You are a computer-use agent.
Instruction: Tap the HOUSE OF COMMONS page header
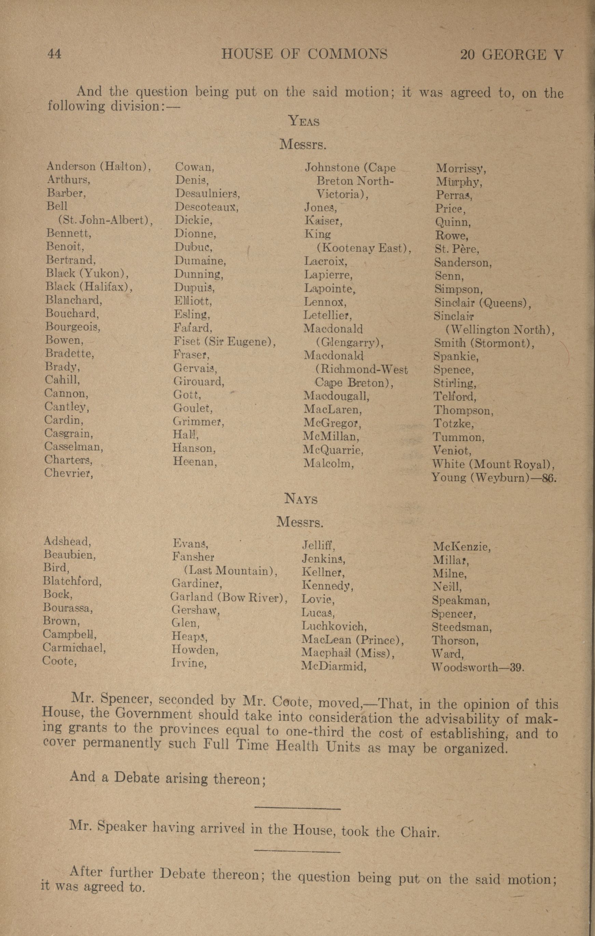click(304, 54)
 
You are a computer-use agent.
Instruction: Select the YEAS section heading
click(304, 122)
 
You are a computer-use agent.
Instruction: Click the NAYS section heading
click(301, 499)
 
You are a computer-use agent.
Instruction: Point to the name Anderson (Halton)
click(98, 167)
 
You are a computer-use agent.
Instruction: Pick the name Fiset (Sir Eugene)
click(224, 342)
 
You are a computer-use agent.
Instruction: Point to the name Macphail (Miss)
click(348, 653)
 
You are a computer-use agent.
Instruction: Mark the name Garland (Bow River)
click(228, 597)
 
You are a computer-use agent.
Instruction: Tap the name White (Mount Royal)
click(493, 464)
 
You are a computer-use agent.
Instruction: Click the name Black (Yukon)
click(87, 273)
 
